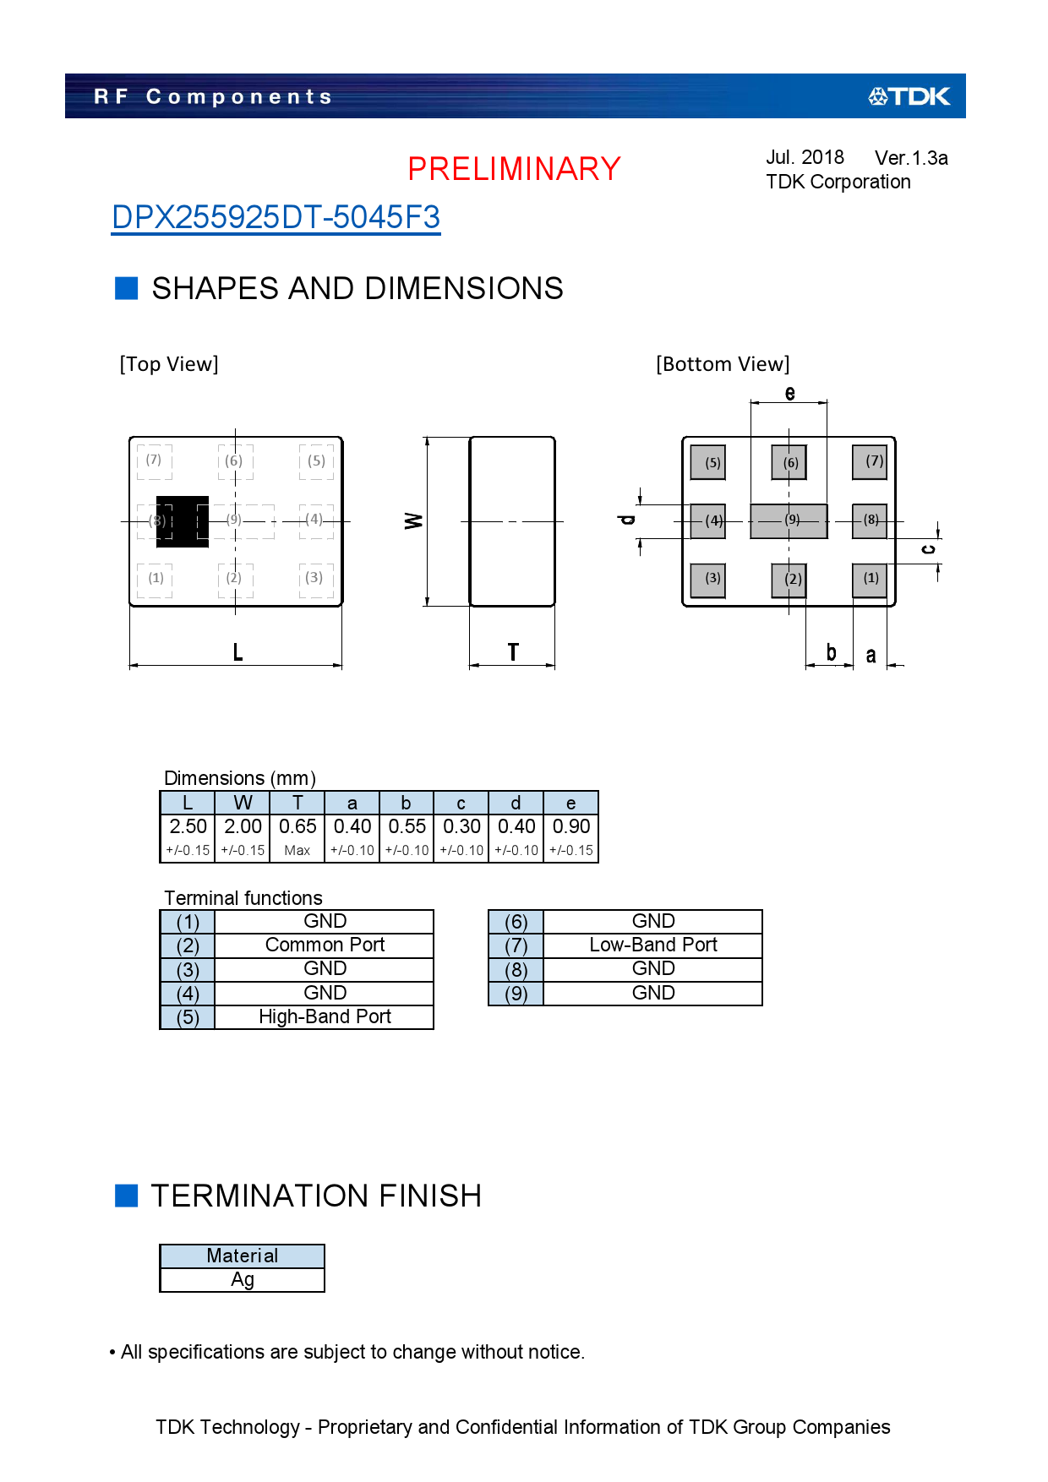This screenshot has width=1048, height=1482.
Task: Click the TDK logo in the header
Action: click(x=909, y=96)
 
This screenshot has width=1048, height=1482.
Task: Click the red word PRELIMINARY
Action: click(x=514, y=169)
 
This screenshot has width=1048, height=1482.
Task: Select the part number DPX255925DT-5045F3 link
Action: click(x=276, y=218)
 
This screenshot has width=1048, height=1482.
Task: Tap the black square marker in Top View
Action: click(x=183, y=521)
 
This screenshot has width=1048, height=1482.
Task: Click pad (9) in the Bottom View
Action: click(x=789, y=520)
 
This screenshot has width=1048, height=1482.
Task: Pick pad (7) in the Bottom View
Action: click(x=870, y=462)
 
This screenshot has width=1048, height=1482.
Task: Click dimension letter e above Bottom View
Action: click(x=789, y=393)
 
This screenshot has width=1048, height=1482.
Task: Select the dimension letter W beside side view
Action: click(x=413, y=520)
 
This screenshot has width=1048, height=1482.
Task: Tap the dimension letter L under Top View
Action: click(x=237, y=652)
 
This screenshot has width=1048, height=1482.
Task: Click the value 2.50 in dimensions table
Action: click(x=188, y=826)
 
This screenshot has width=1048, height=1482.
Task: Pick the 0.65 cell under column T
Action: click(x=297, y=826)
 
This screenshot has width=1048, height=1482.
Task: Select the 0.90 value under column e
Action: click(x=571, y=826)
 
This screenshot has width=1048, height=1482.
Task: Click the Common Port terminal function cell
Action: click(x=325, y=945)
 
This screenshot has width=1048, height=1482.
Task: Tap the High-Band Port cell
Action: click(x=325, y=1016)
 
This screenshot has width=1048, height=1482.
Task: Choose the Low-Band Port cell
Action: click(x=652, y=945)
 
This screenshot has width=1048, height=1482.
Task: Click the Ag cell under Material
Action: click(x=243, y=1280)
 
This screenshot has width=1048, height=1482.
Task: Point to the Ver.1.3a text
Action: click(x=911, y=158)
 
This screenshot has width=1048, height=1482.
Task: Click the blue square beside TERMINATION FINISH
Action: click(x=127, y=1196)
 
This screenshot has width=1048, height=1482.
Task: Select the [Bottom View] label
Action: click(x=723, y=364)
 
